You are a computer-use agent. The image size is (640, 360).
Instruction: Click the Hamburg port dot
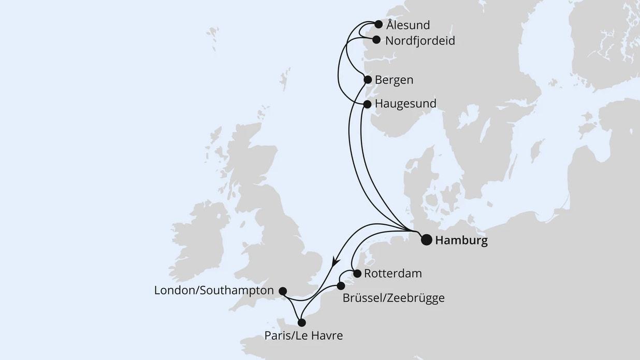(427, 240)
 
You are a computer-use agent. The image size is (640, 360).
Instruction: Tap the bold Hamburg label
(461, 241)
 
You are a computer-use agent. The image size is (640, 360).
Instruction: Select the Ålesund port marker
(379, 24)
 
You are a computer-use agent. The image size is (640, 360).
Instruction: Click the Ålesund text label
(408, 25)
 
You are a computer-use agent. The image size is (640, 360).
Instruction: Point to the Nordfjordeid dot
(376, 39)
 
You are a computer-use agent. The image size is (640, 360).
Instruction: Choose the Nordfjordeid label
(420, 40)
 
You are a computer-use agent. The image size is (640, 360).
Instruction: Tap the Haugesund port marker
(367, 104)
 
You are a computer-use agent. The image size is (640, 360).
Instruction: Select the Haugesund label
(405, 104)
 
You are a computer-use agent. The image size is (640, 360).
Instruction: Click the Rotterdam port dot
(357, 273)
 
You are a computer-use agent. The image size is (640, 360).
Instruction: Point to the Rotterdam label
(393, 273)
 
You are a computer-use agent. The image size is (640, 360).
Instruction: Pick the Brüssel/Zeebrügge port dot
(341, 286)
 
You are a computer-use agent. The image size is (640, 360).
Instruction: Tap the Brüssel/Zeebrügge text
(394, 298)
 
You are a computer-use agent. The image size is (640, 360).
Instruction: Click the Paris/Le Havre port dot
(302, 323)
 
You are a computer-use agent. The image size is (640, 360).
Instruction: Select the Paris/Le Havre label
(303, 336)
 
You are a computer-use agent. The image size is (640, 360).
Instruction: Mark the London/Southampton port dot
(283, 291)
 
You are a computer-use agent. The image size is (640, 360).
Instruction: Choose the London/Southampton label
(214, 291)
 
